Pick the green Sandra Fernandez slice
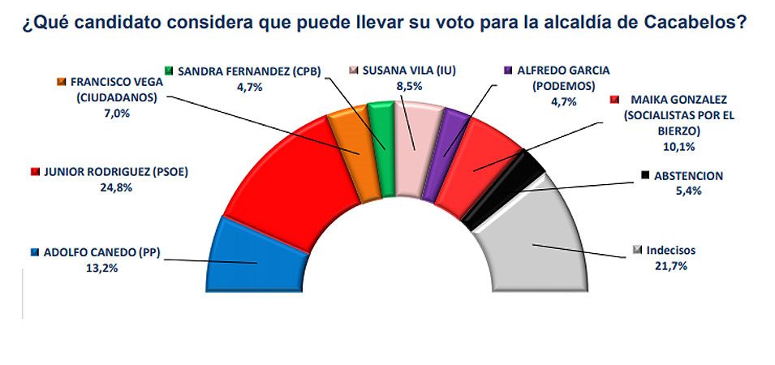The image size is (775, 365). (x=381, y=146)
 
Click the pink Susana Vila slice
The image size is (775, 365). (x=414, y=146)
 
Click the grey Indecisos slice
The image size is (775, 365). (x=536, y=243)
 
